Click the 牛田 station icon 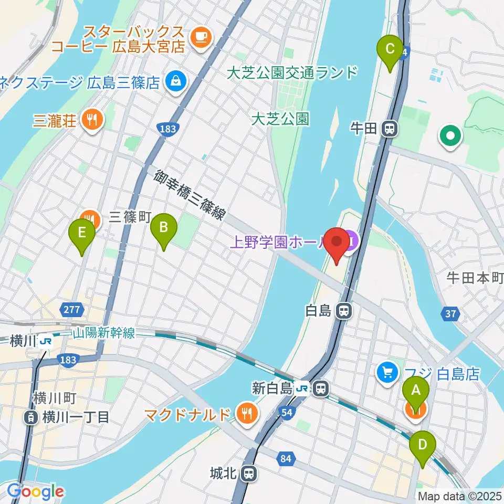(389, 128)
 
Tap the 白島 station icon (344, 311)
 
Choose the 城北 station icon (249, 474)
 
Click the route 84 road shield (286, 460)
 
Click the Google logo (35, 491)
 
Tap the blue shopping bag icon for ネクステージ (173, 81)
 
